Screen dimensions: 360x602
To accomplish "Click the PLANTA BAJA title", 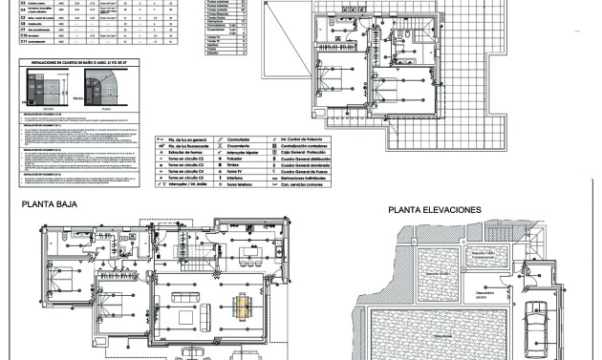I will pyautogui.click(x=50, y=203).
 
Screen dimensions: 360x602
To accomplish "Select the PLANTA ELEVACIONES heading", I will pyautogui.click(x=434, y=209).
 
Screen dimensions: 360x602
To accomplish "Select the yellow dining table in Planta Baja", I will pyautogui.click(x=242, y=307).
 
